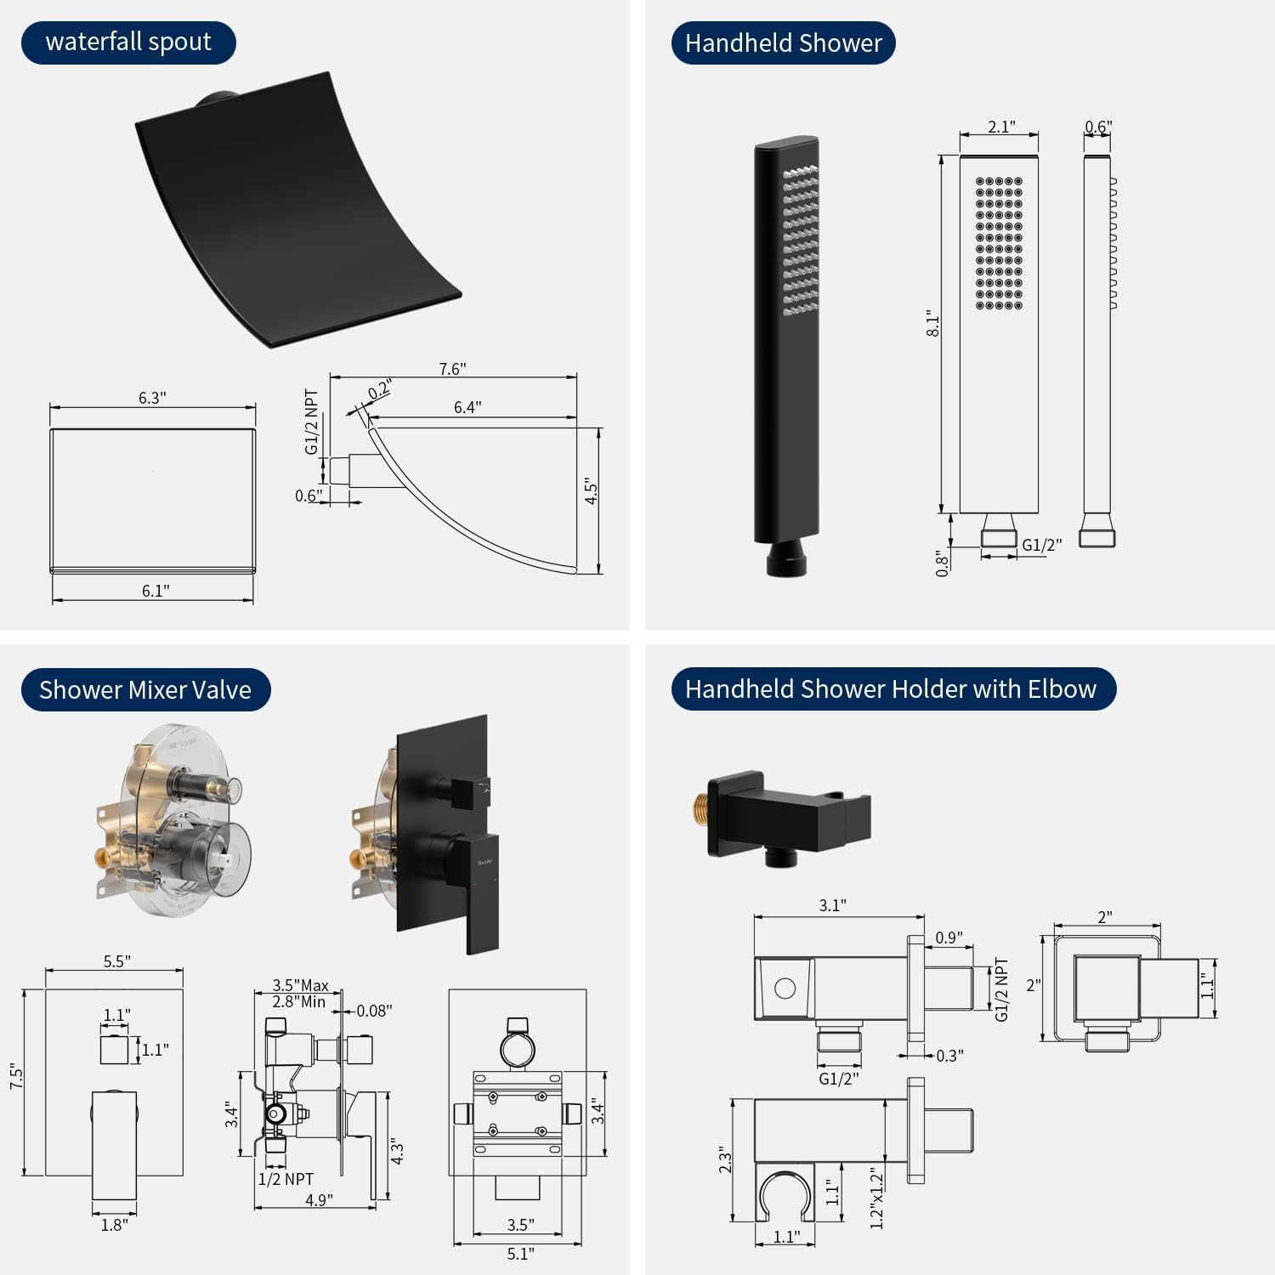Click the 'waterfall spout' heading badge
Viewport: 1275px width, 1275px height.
(x=127, y=42)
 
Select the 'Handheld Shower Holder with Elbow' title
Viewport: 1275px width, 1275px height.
(x=892, y=689)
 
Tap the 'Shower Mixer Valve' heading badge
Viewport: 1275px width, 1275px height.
(x=145, y=690)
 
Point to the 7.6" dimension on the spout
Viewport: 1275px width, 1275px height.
(x=452, y=369)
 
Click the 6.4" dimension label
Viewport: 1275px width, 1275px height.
(x=467, y=407)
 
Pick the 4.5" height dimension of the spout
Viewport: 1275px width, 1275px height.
(x=592, y=491)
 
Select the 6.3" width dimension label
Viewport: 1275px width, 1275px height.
(x=152, y=398)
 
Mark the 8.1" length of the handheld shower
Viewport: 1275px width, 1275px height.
(x=933, y=324)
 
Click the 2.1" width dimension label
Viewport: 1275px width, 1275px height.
(x=1000, y=127)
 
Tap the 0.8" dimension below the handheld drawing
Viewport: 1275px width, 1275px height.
(x=942, y=564)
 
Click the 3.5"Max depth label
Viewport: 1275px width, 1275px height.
(x=300, y=985)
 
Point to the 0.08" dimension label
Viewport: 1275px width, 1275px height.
(x=374, y=1011)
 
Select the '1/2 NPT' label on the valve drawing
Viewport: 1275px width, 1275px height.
(x=286, y=1179)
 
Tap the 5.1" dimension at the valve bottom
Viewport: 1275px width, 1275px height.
(x=520, y=1254)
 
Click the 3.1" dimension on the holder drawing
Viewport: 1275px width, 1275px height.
(x=832, y=905)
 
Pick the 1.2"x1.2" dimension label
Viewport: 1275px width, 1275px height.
(x=877, y=1198)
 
